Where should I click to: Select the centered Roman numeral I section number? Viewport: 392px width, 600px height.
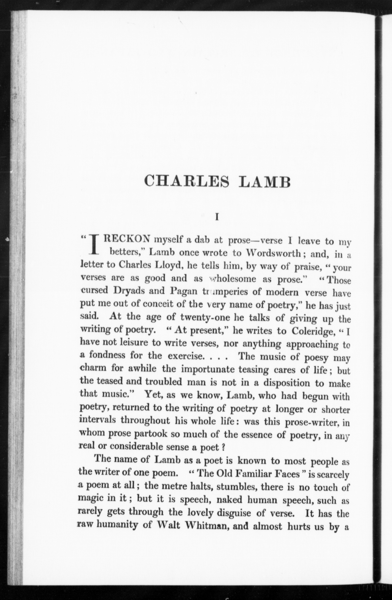click(x=216, y=217)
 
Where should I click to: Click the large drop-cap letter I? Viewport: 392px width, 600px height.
click(x=94, y=245)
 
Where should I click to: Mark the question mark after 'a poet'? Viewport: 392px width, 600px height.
click(x=223, y=447)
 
